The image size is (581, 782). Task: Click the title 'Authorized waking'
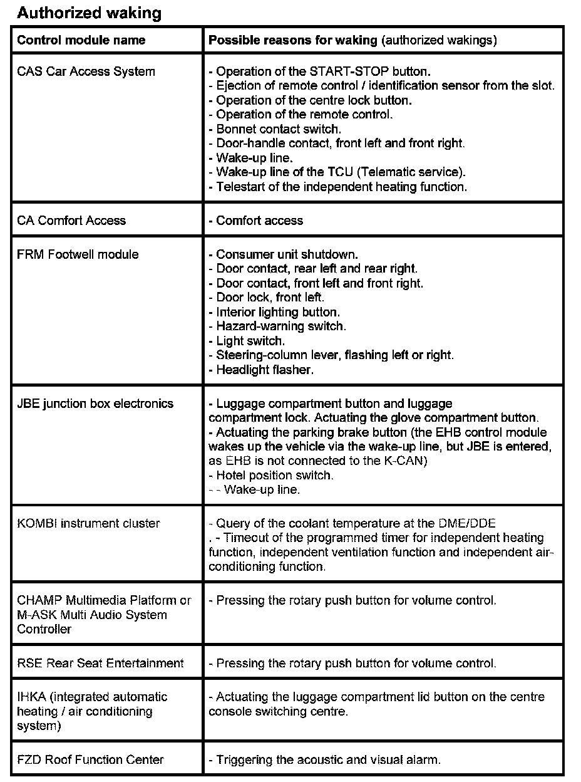point(89,13)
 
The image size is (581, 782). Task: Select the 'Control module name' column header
point(81,41)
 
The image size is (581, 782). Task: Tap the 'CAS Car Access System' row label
point(86,71)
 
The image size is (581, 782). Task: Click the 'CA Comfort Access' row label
point(71,221)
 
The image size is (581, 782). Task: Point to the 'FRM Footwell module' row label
point(78,254)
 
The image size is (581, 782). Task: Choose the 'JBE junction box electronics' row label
point(95,404)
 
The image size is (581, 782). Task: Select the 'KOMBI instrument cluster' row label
point(88,523)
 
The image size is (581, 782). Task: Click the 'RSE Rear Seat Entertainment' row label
point(100,663)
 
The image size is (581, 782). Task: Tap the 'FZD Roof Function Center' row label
point(90,759)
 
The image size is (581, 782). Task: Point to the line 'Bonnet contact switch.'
point(278,129)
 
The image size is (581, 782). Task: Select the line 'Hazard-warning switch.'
point(280,326)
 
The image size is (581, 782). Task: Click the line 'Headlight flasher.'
point(264,370)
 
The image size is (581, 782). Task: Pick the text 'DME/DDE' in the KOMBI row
point(471,523)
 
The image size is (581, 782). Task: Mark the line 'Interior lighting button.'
point(277,311)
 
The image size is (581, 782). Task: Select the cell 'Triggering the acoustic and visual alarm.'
point(328,760)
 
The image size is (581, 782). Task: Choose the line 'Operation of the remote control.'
point(304,115)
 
